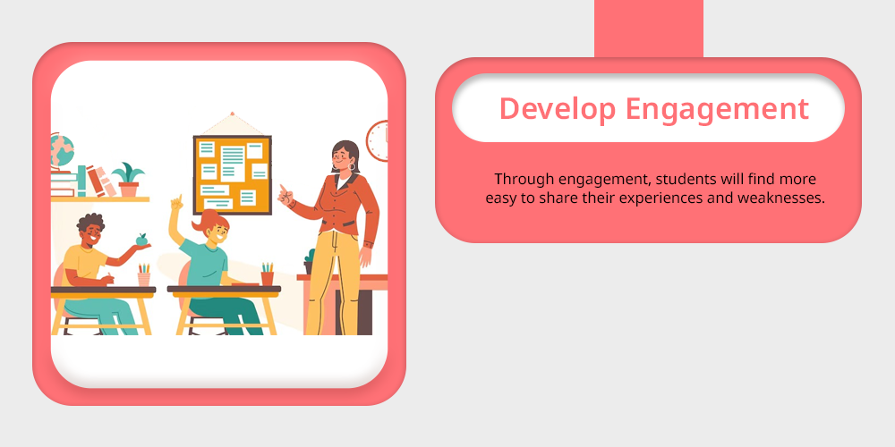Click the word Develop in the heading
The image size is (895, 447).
(557, 108)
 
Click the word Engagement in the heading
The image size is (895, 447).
(717, 109)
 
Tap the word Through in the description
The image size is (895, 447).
(524, 179)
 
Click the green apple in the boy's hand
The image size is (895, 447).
(141, 240)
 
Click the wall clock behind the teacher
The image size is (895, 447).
(378, 141)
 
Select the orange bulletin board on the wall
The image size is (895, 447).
(233, 174)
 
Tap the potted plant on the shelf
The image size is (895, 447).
(128, 181)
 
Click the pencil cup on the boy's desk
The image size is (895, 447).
(144, 274)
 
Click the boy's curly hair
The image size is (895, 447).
(90, 223)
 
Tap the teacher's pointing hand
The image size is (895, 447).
(285, 196)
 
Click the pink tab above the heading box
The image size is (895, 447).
(648, 29)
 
